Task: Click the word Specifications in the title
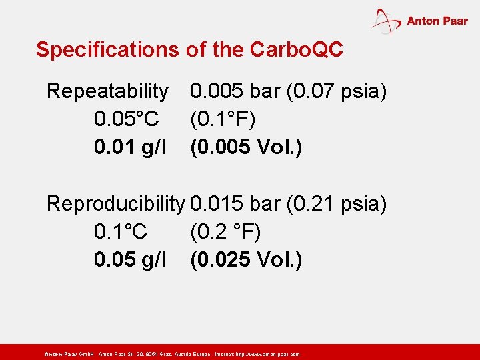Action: click(106, 50)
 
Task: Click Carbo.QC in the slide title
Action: click(296, 50)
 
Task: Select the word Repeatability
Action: click(107, 91)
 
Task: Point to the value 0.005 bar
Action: click(235, 91)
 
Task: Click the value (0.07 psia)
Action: click(337, 91)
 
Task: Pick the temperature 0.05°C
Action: click(127, 120)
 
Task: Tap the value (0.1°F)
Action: click(223, 120)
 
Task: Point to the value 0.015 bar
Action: click(235, 204)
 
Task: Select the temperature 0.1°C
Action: click(121, 233)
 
